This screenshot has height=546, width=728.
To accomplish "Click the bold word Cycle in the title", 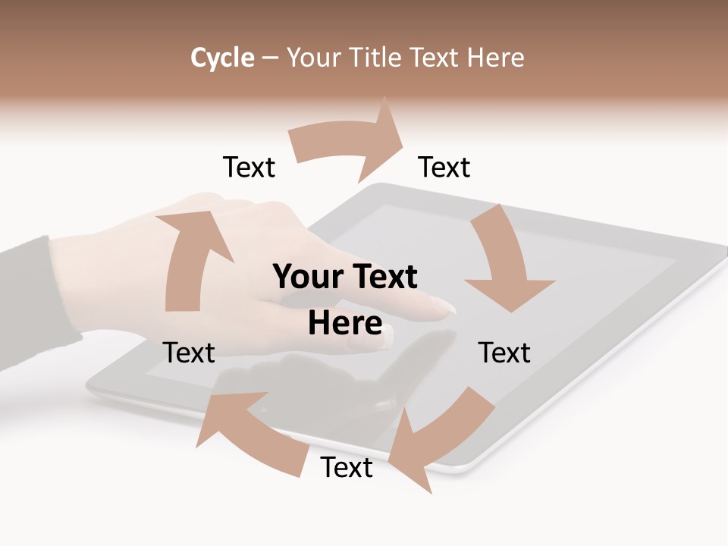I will tap(222, 58).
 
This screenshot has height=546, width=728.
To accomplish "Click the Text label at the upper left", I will tap(249, 167).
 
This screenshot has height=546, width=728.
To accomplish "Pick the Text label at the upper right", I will tap(444, 167).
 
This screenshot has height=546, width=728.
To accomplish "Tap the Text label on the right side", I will tap(504, 353).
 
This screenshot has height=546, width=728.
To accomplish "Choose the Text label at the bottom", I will tap(347, 467).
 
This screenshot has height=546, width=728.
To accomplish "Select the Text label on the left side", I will tap(189, 353).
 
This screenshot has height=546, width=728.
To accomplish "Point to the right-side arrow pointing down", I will tap(504, 262).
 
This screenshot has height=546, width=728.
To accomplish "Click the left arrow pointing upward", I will tap(188, 258).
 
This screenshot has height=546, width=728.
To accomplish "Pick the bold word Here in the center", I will tap(345, 323).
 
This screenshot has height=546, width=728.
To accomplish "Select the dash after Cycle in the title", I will tap(271, 58).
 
